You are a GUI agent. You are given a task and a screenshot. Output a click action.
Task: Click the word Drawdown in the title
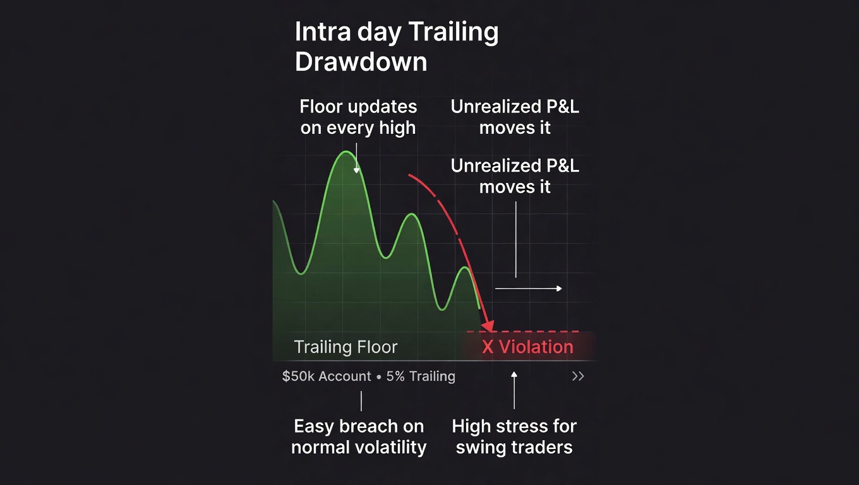tap(361, 62)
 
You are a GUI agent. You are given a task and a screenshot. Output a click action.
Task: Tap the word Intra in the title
tap(323, 32)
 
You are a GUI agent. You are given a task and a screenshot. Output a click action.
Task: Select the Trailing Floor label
tap(345, 347)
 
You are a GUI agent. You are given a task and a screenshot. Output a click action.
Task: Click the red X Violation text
tap(527, 347)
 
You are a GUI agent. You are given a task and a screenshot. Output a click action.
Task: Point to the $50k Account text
tap(327, 376)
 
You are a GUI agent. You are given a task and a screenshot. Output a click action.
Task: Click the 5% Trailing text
tap(421, 376)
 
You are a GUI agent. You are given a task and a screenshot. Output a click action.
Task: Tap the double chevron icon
tap(578, 376)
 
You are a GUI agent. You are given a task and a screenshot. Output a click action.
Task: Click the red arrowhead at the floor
tap(488, 326)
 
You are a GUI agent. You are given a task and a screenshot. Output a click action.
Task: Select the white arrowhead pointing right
tap(560, 289)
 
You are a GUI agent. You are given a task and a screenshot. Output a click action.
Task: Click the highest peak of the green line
tap(346, 152)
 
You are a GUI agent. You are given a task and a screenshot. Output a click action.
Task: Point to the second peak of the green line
tap(411, 214)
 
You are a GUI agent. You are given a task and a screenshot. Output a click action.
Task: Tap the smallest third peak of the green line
tap(465, 268)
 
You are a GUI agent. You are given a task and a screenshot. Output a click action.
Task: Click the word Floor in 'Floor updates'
tap(320, 107)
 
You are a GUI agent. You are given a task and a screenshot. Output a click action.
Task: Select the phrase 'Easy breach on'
tap(359, 426)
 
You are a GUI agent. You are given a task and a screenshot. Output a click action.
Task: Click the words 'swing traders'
tap(514, 448)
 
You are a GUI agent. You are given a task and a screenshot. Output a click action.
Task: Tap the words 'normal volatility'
tap(359, 448)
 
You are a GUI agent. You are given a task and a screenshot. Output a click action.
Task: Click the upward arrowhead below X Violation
tap(514, 374)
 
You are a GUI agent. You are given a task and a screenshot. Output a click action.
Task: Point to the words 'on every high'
tap(357, 128)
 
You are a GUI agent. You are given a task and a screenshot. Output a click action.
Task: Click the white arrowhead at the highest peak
tap(356, 171)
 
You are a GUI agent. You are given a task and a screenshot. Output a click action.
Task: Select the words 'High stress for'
tap(514, 426)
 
